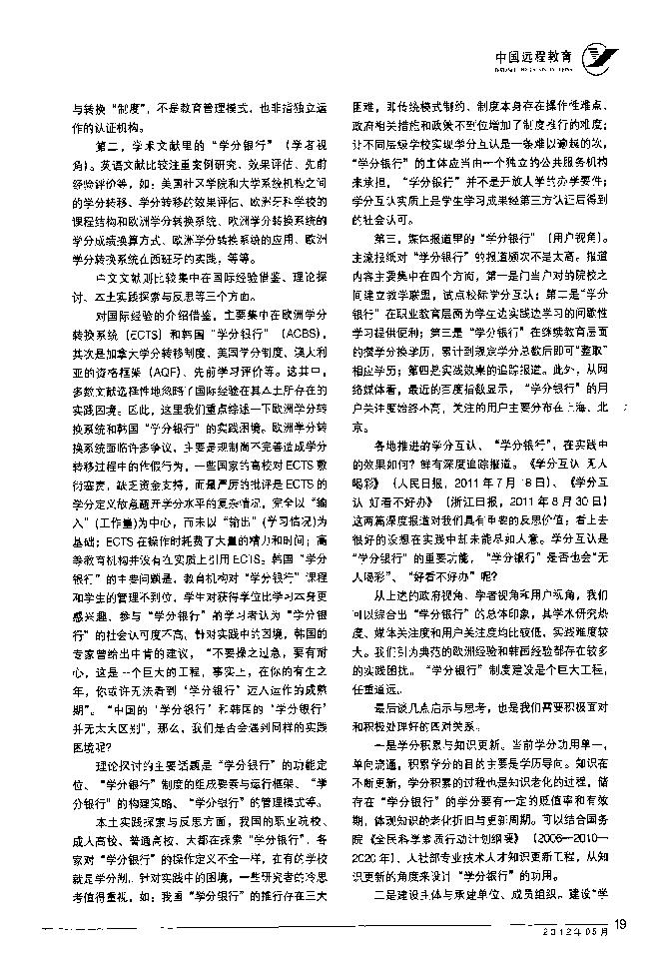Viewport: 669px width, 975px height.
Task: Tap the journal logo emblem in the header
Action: [x=600, y=58]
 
